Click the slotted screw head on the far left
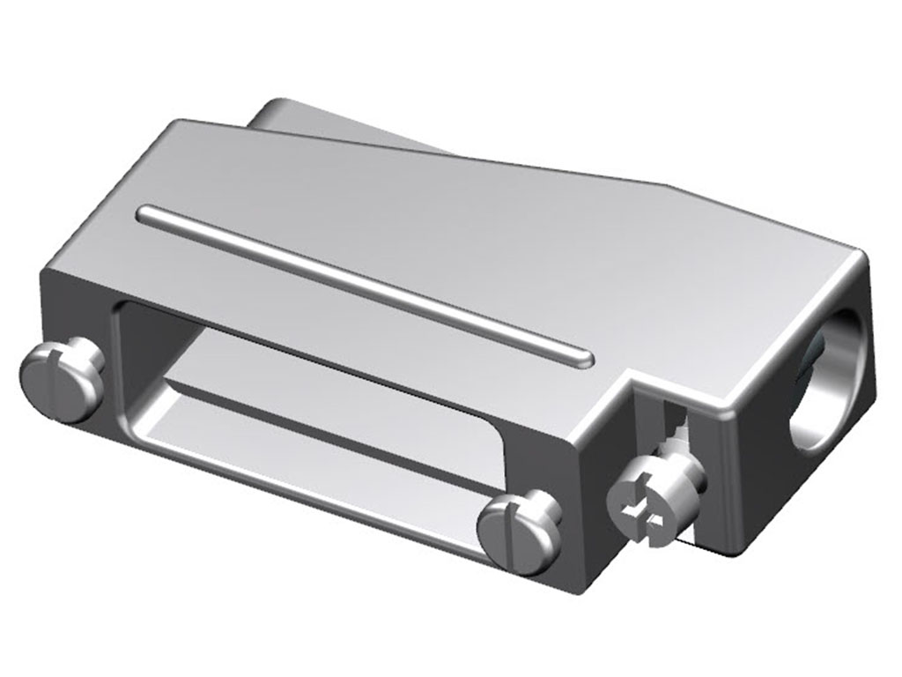tap(56, 379)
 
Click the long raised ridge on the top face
tap(361, 283)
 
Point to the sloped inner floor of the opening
tap(335, 441)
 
